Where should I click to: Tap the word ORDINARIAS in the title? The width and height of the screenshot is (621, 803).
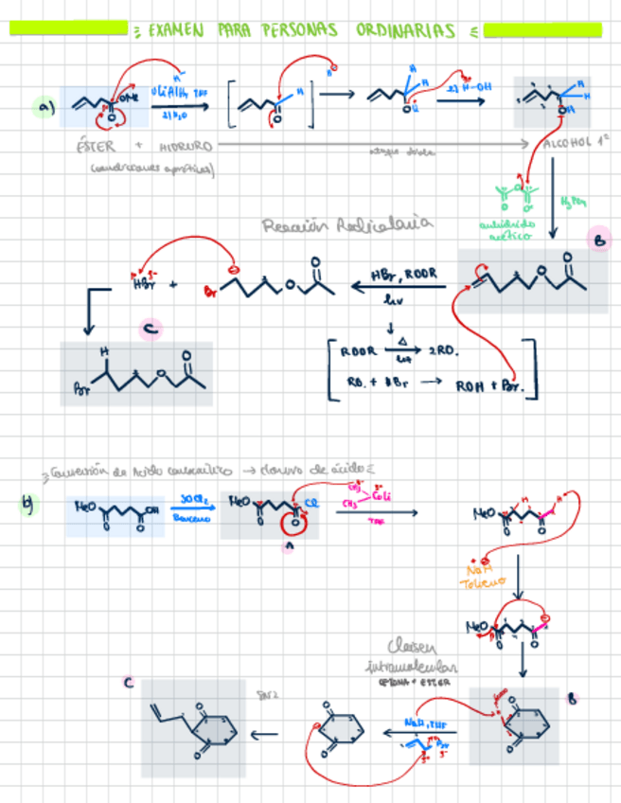(405, 31)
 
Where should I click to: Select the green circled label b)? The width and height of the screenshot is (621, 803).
(28, 504)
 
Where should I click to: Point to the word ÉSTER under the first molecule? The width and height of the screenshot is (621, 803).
(95, 148)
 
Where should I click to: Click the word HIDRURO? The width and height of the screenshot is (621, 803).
(186, 148)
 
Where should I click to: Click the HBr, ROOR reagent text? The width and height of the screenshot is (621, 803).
(404, 274)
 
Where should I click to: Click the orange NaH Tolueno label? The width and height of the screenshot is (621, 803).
(484, 575)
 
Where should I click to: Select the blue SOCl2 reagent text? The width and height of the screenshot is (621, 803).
(193, 499)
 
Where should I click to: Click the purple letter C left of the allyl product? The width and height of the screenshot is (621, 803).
(128, 683)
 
